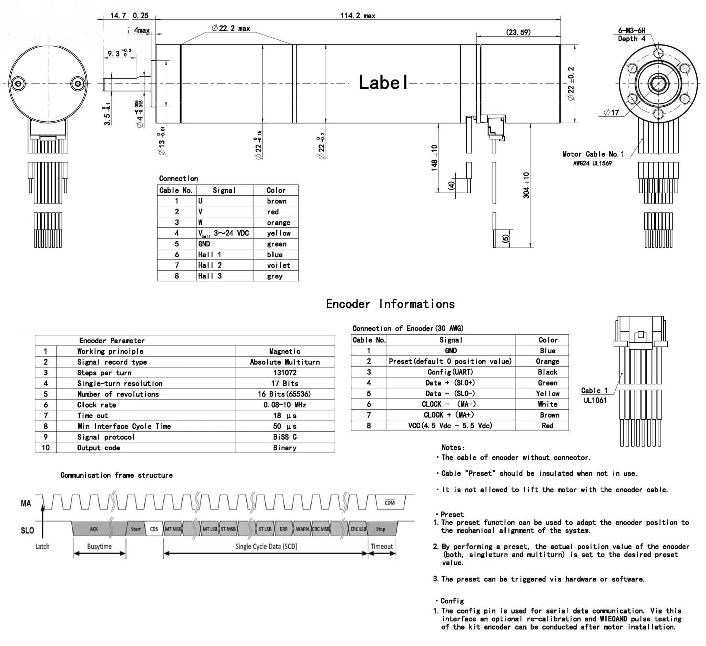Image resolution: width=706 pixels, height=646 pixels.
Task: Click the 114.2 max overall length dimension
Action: click(x=357, y=16)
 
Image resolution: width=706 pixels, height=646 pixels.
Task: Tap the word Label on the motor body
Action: click(x=383, y=83)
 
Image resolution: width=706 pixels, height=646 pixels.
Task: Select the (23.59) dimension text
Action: click(x=518, y=32)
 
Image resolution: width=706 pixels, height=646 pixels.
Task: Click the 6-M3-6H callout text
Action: click(x=632, y=31)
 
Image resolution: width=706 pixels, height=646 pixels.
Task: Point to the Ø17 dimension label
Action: click(x=611, y=112)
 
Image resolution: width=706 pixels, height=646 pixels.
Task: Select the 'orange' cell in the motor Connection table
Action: click(x=279, y=223)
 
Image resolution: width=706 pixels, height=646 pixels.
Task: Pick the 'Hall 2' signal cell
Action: click(x=210, y=265)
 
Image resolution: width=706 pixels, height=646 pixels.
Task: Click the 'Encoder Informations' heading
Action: click(x=390, y=304)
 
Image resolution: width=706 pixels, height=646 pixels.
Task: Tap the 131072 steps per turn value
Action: click(x=285, y=373)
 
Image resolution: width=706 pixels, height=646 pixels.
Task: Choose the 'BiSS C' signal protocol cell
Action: click(x=285, y=437)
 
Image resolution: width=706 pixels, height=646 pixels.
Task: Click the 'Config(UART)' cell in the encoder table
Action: click(x=450, y=372)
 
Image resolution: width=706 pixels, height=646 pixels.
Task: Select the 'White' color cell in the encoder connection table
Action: click(x=547, y=404)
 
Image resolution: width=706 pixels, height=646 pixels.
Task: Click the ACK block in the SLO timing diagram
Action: click(x=94, y=529)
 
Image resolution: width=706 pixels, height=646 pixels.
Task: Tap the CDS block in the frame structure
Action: click(x=154, y=529)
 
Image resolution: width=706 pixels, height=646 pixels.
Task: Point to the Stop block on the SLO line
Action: click(x=380, y=529)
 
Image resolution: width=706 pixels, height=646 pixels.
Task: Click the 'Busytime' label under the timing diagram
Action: click(x=100, y=547)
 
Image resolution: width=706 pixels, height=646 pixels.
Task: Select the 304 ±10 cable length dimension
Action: click(x=526, y=185)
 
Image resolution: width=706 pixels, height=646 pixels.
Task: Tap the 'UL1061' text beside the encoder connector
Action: click(x=595, y=400)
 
